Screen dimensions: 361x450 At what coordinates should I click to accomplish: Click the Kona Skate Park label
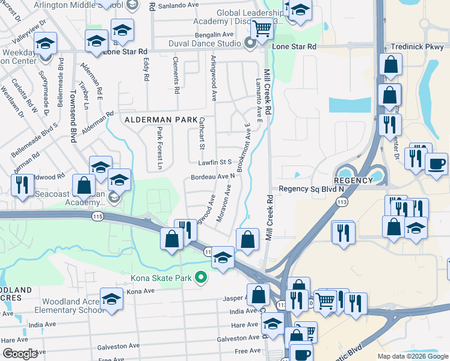pyautogui.click(x=161, y=278)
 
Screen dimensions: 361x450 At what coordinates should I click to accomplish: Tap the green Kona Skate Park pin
pyautogui.click(x=202, y=277)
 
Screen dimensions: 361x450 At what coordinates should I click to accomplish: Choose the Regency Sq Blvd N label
pyautogui.click(x=310, y=189)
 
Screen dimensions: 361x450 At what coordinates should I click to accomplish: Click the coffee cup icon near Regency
pyautogui.click(x=436, y=164)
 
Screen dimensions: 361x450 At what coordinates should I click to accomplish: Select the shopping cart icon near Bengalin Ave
pyautogui.click(x=262, y=28)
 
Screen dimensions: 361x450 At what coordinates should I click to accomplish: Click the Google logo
pyautogui.click(x=20, y=354)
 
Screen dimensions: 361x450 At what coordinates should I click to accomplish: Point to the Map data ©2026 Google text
pyautogui.click(x=412, y=356)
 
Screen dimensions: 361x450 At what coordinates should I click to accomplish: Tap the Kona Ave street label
pyautogui.click(x=141, y=291)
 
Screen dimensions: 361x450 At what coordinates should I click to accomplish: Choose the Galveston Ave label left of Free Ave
pyautogui.click(x=120, y=346)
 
